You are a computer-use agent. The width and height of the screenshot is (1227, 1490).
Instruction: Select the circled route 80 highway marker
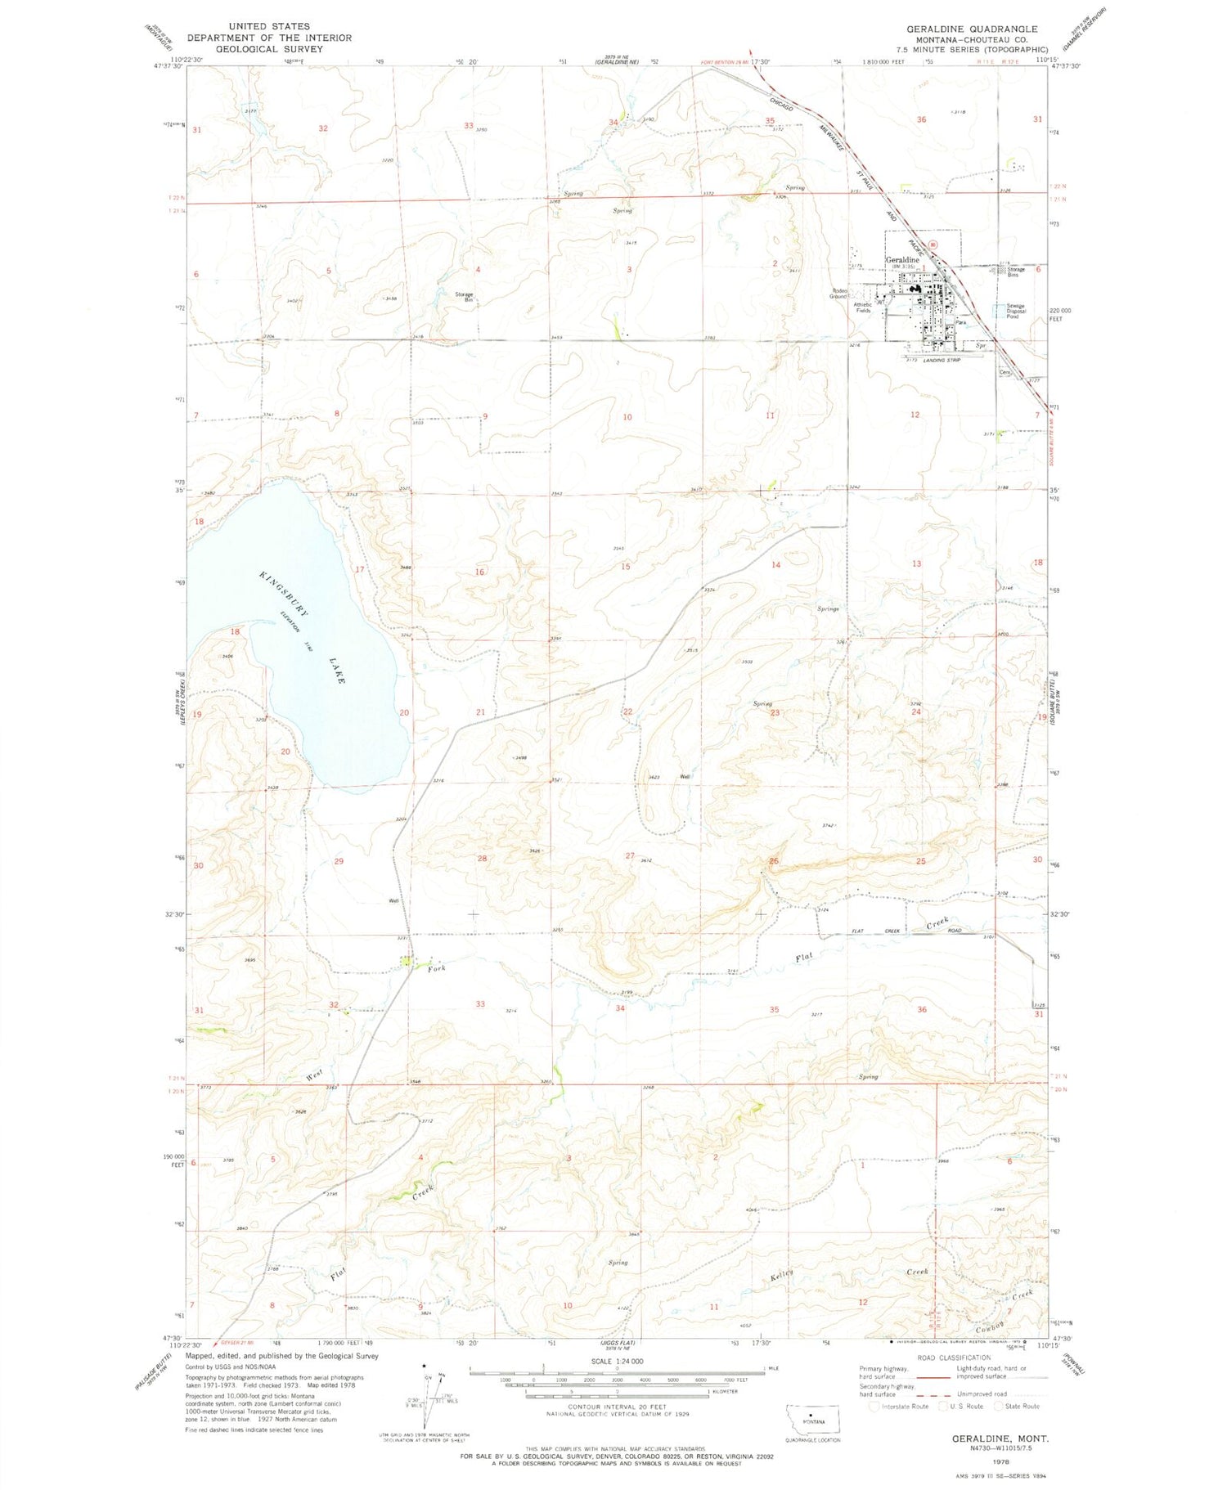click(x=935, y=244)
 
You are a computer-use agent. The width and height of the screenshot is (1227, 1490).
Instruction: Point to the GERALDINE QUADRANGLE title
click(x=971, y=29)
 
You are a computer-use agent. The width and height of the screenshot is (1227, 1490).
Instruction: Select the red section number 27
click(x=630, y=856)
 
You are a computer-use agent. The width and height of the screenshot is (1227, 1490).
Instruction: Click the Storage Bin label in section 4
click(x=465, y=297)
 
